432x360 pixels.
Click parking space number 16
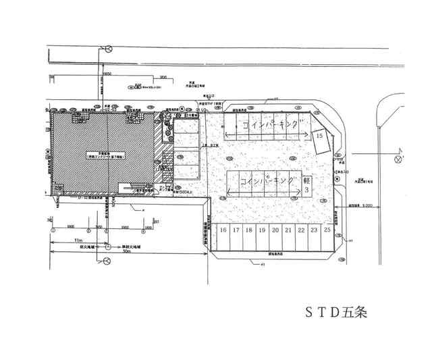[x=223, y=230]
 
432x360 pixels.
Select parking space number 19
[x=262, y=230]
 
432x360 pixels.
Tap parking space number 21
[x=288, y=230]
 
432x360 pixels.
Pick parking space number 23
[x=314, y=230]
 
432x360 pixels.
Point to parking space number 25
[x=327, y=230]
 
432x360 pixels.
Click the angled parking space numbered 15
[x=320, y=136]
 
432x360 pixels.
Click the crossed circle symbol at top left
[x=108, y=48]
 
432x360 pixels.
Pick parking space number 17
[x=236, y=230]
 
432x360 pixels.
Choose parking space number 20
[x=275, y=230]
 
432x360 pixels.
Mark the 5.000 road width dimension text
[x=367, y=205]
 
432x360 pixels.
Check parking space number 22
[x=301, y=230]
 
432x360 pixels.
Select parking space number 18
[x=249, y=230]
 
